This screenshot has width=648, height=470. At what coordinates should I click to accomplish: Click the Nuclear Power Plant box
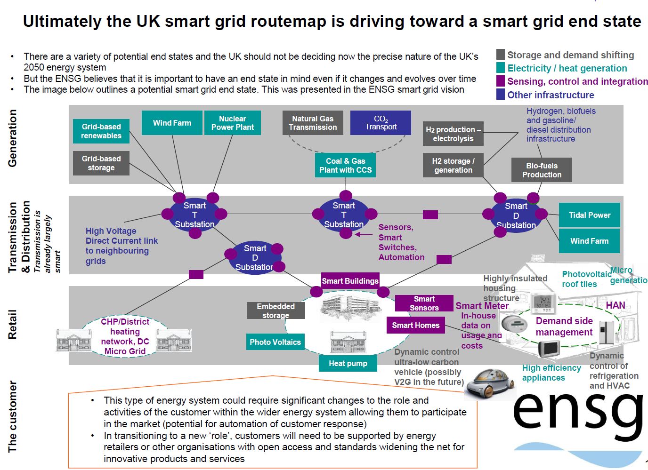[232, 123]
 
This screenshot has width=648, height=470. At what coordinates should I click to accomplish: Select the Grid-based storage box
[101, 163]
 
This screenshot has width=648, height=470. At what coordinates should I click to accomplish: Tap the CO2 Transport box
[381, 123]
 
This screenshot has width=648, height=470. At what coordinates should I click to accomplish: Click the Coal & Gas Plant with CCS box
[345, 166]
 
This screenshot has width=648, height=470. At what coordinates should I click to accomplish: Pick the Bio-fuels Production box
[542, 170]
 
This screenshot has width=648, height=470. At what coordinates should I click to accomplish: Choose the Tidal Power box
[589, 215]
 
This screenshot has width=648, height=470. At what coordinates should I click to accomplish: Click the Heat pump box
[348, 363]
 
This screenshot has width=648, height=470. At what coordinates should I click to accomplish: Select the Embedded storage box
[275, 311]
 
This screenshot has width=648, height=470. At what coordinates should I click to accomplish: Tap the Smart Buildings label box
[350, 281]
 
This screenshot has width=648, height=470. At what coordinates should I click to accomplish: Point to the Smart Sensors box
[424, 303]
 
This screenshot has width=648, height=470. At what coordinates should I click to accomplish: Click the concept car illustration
[488, 382]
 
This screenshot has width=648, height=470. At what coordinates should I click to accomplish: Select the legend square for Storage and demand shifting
[501, 55]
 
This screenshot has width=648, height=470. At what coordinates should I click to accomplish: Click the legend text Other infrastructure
[551, 95]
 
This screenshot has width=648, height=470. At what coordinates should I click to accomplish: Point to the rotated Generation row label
[12, 138]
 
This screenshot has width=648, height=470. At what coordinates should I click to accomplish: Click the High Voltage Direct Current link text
[121, 246]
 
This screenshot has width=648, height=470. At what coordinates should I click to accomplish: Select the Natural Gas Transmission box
[313, 123]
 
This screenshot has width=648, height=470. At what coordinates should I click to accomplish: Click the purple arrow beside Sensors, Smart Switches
[363, 234]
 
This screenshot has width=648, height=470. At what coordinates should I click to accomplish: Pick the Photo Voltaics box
[275, 342]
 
